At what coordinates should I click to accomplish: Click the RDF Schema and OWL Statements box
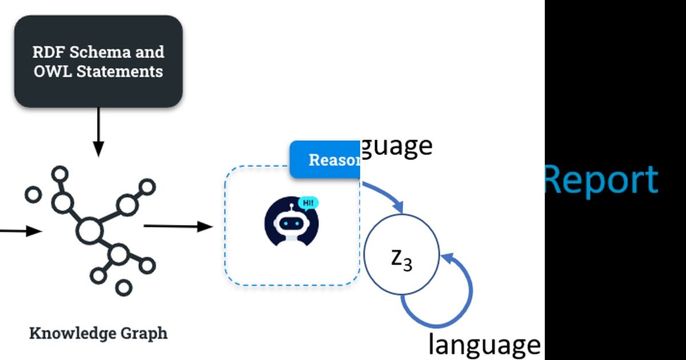click(x=98, y=61)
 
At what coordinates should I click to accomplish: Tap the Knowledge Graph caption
click(x=98, y=333)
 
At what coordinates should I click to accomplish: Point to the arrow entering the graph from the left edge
click(x=20, y=231)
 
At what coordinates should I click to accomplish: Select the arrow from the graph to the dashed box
click(x=177, y=227)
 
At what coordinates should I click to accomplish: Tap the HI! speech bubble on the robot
click(x=308, y=202)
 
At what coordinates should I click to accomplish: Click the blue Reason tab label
click(x=326, y=160)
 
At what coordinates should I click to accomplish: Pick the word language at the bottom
click(x=484, y=345)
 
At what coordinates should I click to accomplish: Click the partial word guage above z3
click(x=397, y=146)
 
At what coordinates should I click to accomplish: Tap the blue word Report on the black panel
click(x=600, y=180)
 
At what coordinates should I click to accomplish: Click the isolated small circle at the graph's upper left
click(x=34, y=194)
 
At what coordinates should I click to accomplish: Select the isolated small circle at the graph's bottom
click(x=123, y=287)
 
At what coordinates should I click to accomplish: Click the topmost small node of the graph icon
click(x=60, y=174)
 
